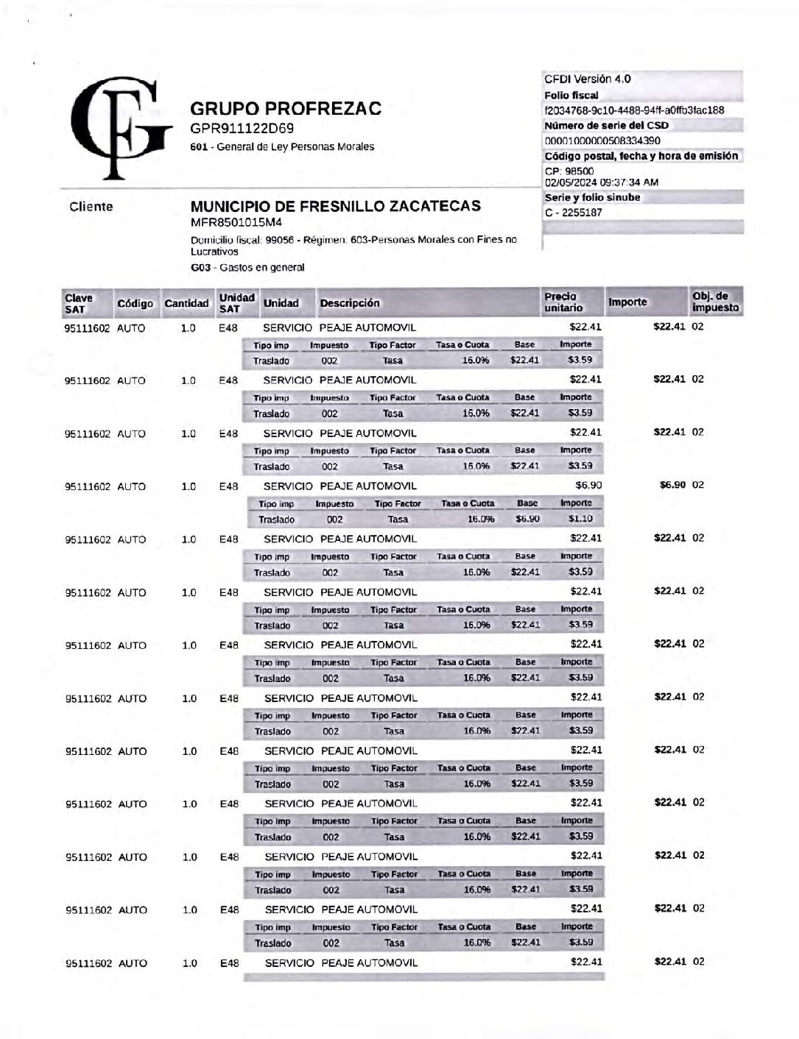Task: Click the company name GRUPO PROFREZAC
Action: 286,109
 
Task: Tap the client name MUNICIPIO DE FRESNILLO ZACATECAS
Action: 335,206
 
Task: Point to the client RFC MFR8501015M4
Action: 236,222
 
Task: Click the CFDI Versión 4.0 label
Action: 587,79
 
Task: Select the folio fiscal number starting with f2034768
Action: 633,110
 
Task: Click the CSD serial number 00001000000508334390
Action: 602,141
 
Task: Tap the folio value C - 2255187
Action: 573,213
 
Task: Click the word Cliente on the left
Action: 91,207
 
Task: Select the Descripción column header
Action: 349,303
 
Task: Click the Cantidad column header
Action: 186,303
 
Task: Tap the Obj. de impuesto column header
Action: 714,302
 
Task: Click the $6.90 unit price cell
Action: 588,486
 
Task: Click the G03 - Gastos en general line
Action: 247,268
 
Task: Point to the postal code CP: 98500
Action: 569,171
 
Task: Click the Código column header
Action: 135,303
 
